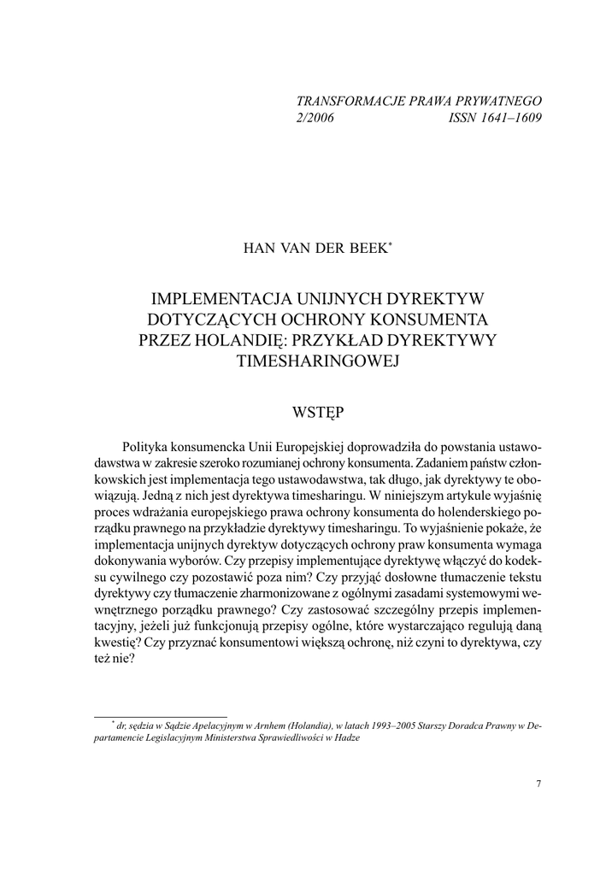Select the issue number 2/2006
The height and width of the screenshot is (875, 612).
313,118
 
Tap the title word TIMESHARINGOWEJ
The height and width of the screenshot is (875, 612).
318,361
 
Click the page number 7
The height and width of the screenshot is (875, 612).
538,784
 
